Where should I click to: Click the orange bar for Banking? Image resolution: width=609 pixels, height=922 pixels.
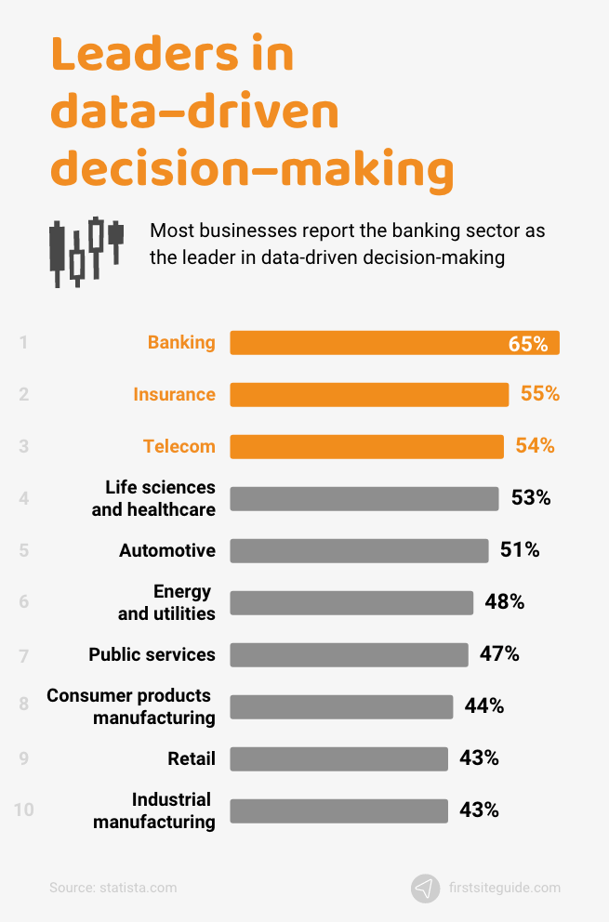[x=372, y=343]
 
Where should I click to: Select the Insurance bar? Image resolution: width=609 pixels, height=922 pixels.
[x=369, y=395]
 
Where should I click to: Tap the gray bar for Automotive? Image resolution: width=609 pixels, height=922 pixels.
[x=359, y=551]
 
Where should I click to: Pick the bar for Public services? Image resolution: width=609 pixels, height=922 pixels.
[x=349, y=655]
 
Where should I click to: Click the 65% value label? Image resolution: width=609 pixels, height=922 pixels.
[x=528, y=344]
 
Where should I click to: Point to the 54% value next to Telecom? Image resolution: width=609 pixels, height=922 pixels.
[x=535, y=446]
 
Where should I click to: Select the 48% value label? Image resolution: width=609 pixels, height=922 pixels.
[x=504, y=602]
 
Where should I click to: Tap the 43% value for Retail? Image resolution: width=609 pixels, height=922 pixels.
[x=479, y=758]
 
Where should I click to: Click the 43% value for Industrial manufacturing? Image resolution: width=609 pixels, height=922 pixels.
[x=479, y=810]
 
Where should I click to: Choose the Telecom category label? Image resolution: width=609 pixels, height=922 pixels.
[x=179, y=447]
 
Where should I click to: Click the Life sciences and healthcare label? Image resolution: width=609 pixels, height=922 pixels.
[x=153, y=499]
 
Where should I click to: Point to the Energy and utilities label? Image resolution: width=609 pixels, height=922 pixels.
[x=166, y=603]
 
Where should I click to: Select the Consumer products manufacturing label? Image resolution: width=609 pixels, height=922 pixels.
[x=131, y=707]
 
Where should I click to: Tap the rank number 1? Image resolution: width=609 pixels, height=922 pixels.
[x=23, y=343]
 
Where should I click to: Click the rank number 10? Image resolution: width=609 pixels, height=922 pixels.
[x=23, y=810]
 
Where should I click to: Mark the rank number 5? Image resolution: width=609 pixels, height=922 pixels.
[x=23, y=551]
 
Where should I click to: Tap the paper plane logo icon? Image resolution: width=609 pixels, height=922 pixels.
[x=425, y=889]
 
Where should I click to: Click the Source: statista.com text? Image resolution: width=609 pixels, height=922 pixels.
[x=113, y=889]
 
